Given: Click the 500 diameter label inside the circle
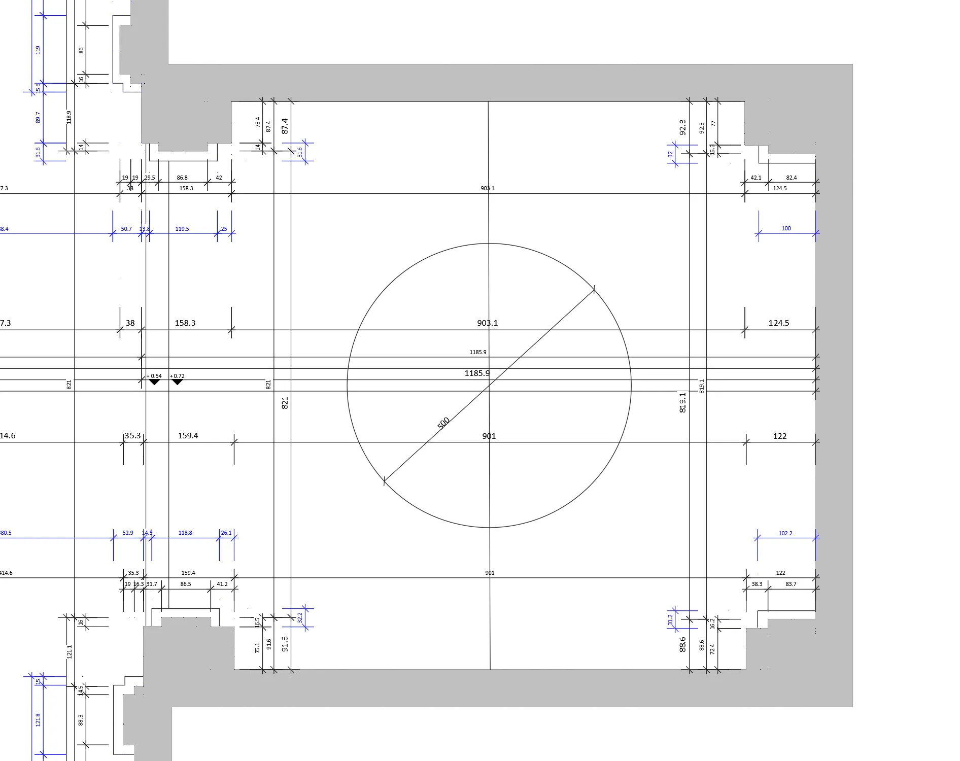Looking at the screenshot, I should pos(443,423).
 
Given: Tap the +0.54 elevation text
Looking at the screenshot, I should pos(154,376).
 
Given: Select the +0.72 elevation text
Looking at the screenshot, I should pos(178,376).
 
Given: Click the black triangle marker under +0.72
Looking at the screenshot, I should pos(177,382).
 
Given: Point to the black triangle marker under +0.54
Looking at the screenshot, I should pos(154,382).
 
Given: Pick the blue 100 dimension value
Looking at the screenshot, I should pos(786,228).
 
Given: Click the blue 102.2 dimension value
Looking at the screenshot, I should pos(785,533).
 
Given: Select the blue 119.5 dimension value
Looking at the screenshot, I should pos(182,229).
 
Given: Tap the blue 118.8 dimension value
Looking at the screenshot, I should pos(185,533).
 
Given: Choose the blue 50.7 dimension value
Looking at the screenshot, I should pos(126,229).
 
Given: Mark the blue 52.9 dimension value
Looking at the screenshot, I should pos(128,533).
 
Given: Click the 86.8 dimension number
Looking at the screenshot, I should pos(182,178).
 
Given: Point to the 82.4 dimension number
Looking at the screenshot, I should pos(791,178).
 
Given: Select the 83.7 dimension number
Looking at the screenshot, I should pos(791,584).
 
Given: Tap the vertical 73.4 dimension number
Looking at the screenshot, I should pos(258,122).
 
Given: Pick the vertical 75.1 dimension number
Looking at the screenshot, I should pos(258,647).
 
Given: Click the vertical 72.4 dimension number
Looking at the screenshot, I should pos(712,649).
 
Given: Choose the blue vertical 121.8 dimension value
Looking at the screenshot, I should pos(38,719).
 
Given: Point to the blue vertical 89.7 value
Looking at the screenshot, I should pos(38,117).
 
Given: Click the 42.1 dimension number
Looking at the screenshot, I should pos(756,178).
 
